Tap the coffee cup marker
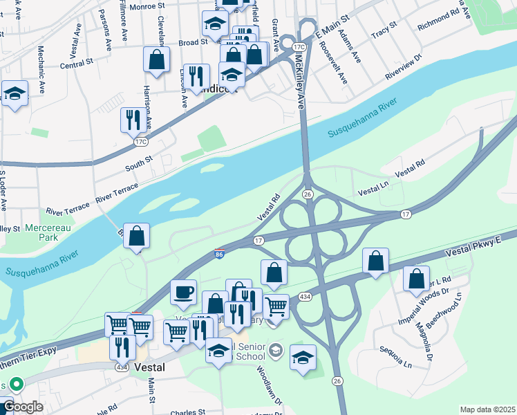point(183,291)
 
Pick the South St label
point(138,163)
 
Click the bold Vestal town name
point(149,368)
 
